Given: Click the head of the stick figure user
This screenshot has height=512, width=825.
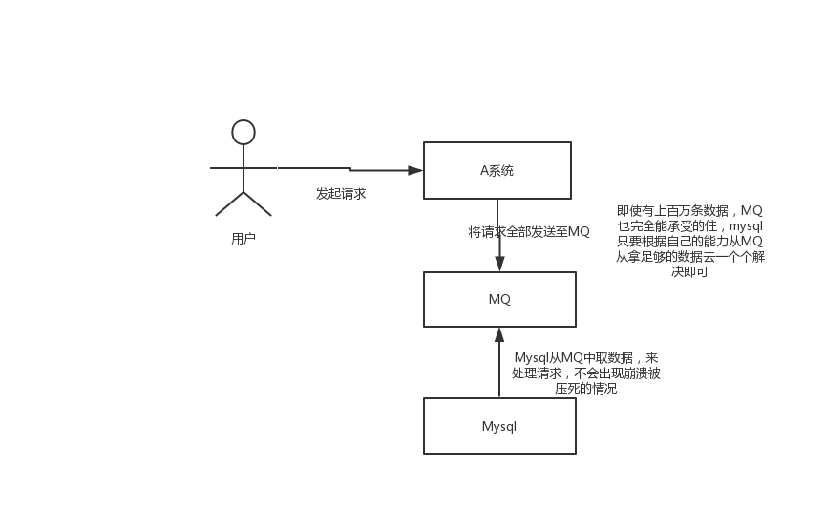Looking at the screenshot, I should click(243, 132).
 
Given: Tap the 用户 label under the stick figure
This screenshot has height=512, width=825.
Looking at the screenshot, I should click(243, 239).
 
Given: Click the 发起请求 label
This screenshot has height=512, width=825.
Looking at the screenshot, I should click(341, 193).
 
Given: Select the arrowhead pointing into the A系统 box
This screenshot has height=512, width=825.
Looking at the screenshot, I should click(415, 170).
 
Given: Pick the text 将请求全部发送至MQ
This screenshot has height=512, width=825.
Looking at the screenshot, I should click(529, 232).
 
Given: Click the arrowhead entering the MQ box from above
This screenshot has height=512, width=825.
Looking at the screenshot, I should click(499, 264).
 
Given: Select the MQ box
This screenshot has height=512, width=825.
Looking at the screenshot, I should click(499, 299).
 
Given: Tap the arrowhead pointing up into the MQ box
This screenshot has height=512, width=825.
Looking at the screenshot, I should click(499, 334).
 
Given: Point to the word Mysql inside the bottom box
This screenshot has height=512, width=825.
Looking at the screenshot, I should click(499, 426).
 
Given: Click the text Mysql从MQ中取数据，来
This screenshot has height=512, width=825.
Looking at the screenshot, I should click(585, 357).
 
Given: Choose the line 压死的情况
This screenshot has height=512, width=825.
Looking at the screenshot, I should click(585, 388).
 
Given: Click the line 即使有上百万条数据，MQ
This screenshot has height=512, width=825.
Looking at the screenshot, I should click(689, 210).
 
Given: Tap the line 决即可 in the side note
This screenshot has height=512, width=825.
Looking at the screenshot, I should click(689, 271).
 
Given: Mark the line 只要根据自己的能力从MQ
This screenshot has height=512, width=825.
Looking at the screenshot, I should click(689, 241).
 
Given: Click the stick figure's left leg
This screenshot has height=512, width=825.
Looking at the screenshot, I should click(229, 204).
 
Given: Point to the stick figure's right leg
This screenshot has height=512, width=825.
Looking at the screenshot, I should click(258, 204).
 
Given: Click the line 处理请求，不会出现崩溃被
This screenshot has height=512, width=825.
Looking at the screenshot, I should click(585, 373).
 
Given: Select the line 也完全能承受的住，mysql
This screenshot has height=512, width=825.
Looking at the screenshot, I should click(689, 225).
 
